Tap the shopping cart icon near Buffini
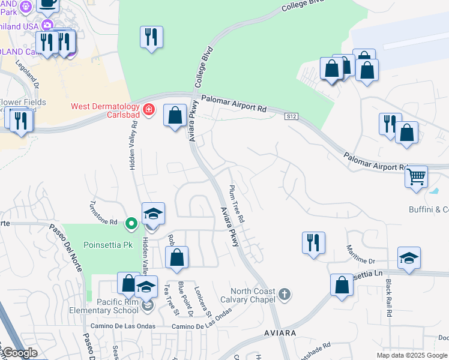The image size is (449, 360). pos(416,176)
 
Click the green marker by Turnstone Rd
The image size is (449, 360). pos(131,224)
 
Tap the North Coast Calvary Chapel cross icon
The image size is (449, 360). pos(285,294)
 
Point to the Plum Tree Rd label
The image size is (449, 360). pos(237,204)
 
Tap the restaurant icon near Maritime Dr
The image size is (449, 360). pos(313,242)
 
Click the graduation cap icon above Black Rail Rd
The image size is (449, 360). pos(409,258)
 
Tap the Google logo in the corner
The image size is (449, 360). pos(19,353)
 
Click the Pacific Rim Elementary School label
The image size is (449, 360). pos(114,306)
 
